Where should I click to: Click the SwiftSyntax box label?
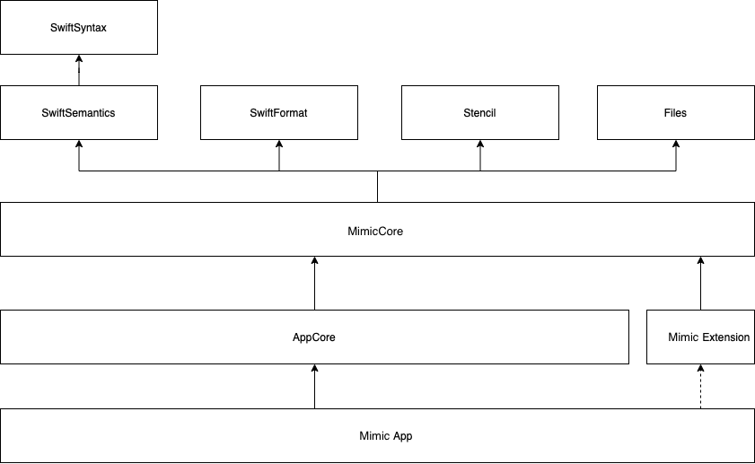[78, 28]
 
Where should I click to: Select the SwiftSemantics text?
[78, 113]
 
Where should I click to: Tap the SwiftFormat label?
[278, 113]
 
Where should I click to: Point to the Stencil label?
[479, 113]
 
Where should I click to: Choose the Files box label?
[675, 113]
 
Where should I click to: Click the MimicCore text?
[375, 232]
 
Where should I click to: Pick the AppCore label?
[314, 337]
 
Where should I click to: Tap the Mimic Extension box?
[700, 337]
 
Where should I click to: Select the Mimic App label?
[386, 436]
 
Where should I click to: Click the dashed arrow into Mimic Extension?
[700, 387]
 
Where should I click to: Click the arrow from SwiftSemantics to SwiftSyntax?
[79, 70]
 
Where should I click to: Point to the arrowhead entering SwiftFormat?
[279, 144]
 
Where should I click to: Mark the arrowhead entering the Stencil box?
[480, 144]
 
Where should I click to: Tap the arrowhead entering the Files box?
[676, 144]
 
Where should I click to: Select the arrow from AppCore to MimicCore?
[314, 283]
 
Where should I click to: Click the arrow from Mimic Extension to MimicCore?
[700, 283]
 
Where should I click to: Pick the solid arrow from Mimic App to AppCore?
[314, 387]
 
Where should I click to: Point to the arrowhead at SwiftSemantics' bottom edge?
[79, 144]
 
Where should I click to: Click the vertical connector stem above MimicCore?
[377, 187]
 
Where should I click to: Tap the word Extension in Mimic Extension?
[725, 337]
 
